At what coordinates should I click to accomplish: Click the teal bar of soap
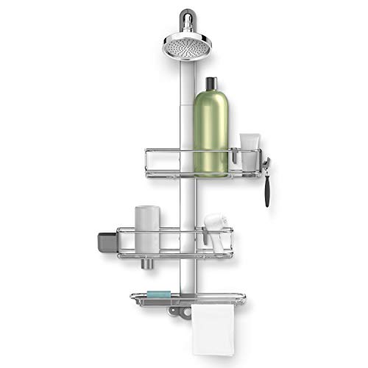(x=159, y=294)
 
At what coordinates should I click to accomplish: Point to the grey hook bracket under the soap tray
(x=174, y=310)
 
